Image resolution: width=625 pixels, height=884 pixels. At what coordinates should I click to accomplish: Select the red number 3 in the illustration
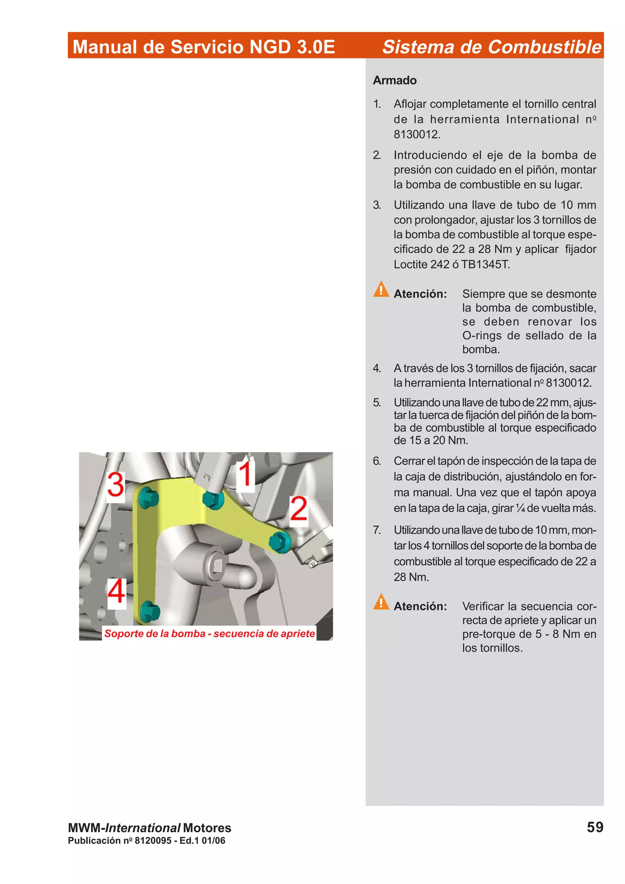coord(116,484)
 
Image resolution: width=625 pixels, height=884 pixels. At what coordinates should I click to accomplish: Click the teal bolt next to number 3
coord(148,498)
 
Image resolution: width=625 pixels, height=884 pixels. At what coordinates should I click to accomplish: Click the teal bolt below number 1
coord(213,499)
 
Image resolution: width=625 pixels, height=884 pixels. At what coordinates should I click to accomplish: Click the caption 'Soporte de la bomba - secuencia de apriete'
coord(209,633)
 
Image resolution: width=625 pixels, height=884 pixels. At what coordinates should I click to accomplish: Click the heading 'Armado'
coord(394,80)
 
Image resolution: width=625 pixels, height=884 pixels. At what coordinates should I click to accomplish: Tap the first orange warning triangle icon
coord(381,289)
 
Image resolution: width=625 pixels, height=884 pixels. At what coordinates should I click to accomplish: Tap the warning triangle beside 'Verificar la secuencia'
coord(381,602)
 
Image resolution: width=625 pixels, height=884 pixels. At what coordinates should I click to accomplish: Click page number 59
coord(594,827)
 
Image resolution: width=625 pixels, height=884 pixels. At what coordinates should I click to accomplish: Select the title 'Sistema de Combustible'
coord(491,47)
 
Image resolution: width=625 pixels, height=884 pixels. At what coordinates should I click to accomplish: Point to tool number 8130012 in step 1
coord(416,135)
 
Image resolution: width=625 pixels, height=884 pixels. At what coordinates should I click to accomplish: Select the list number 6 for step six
coord(377,461)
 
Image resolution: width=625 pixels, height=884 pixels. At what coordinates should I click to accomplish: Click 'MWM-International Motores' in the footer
coord(150,828)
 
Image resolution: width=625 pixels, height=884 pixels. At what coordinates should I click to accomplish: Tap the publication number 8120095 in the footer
coord(153,840)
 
